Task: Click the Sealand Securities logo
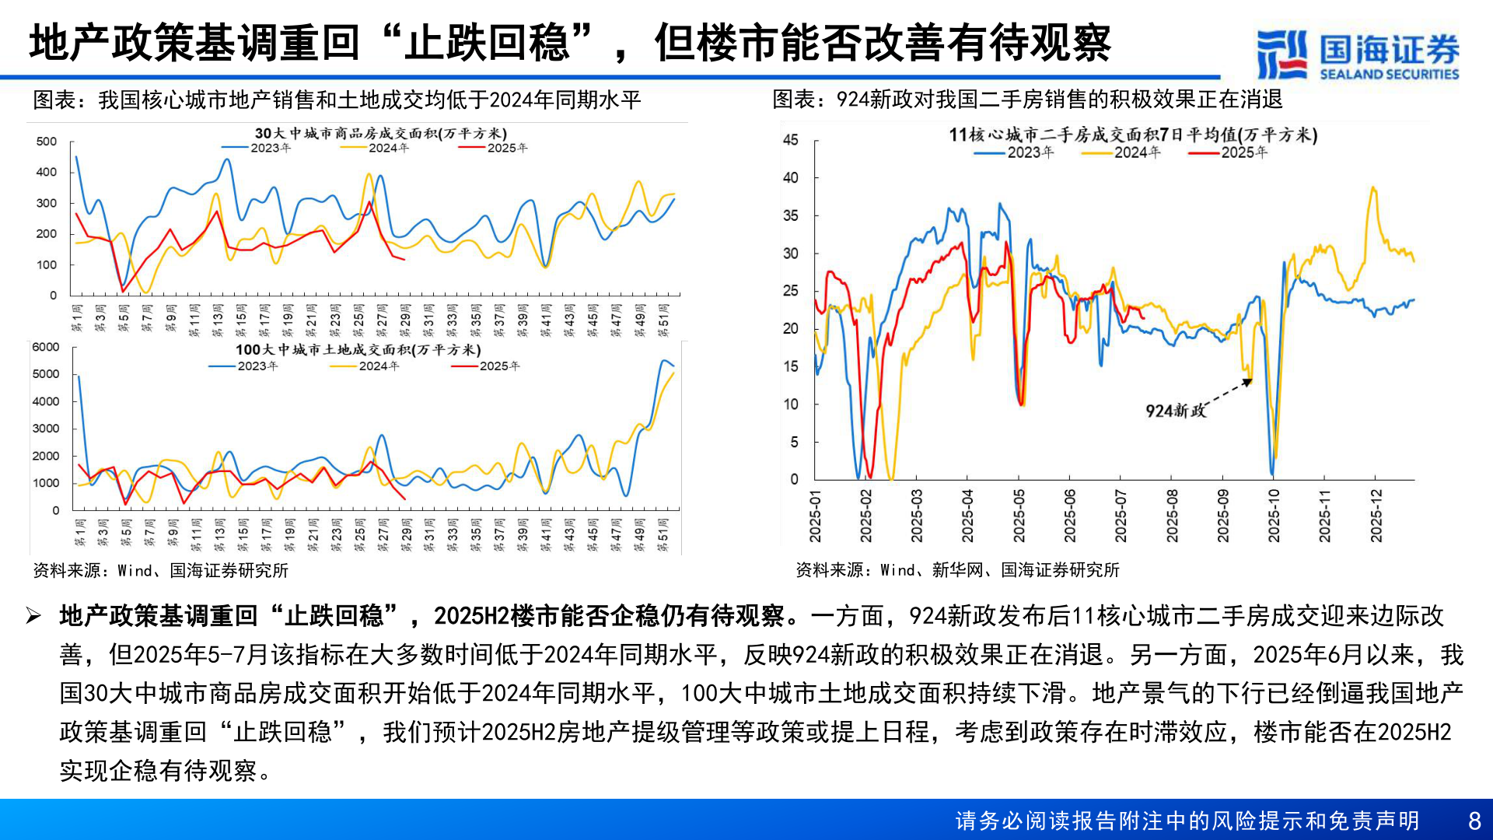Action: pos(1357,54)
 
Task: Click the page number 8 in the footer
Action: pos(1474,821)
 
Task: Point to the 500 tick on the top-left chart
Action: pos(46,142)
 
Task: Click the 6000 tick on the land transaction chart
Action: pos(45,347)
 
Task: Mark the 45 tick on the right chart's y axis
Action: pos(790,140)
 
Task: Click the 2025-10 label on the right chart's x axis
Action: pos(1273,516)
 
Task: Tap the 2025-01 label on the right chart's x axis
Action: pos(815,516)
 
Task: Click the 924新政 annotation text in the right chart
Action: pos(1175,411)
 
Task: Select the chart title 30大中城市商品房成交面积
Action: pos(380,134)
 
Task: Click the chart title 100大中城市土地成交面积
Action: pos(358,350)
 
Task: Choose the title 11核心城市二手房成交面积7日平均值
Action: pos(1132,135)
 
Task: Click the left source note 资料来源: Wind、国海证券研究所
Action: pos(160,570)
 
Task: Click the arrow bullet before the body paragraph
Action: pos(33,617)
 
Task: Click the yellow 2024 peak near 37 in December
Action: pos(1373,188)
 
